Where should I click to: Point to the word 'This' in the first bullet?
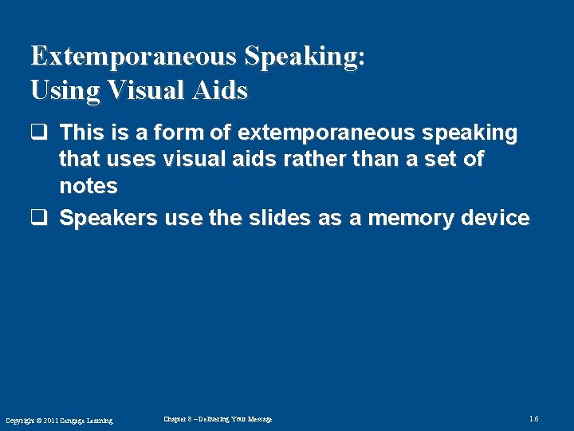pyautogui.click(x=81, y=132)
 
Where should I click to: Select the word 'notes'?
pyautogui.click(x=88, y=187)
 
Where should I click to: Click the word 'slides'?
pyautogui.click(x=274, y=218)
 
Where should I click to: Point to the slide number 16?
pyautogui.click(x=533, y=419)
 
